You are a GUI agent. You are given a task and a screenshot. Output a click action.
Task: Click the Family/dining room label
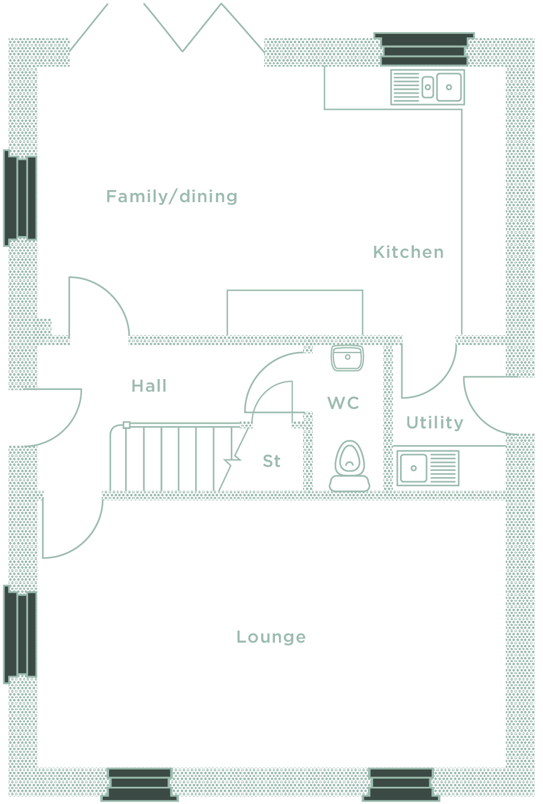click(172, 197)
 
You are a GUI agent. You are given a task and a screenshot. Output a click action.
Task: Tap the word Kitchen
click(408, 252)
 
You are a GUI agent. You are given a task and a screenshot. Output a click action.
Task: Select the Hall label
click(149, 386)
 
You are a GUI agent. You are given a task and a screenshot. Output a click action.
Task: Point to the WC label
click(343, 403)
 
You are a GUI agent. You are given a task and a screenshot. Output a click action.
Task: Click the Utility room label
click(435, 423)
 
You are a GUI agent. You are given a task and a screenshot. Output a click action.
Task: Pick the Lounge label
click(271, 637)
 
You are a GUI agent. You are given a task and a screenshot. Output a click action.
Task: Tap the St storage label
click(271, 461)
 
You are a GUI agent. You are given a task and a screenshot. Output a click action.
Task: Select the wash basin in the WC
click(347, 358)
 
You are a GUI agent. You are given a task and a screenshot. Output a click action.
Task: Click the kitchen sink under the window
click(428, 87)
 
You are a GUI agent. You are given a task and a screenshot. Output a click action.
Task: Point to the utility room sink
click(428, 467)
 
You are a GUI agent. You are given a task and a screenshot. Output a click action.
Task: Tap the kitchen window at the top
click(424, 49)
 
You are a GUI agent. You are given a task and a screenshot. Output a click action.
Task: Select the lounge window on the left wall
click(21, 634)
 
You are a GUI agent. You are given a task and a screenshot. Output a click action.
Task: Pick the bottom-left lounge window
click(139, 784)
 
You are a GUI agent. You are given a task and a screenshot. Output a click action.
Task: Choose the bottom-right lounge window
click(401, 784)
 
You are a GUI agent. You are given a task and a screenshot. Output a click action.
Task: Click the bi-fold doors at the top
click(166, 29)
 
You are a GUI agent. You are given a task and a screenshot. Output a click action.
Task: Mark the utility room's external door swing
click(485, 405)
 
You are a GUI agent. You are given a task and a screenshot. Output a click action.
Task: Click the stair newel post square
click(127, 425)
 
